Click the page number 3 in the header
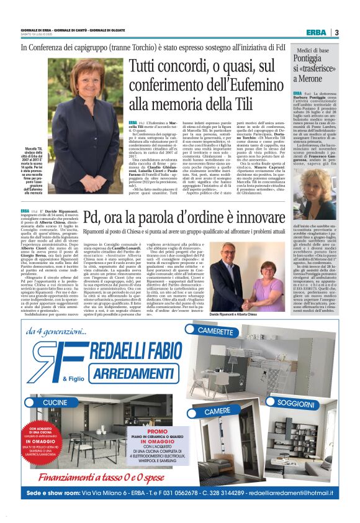(337, 32)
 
